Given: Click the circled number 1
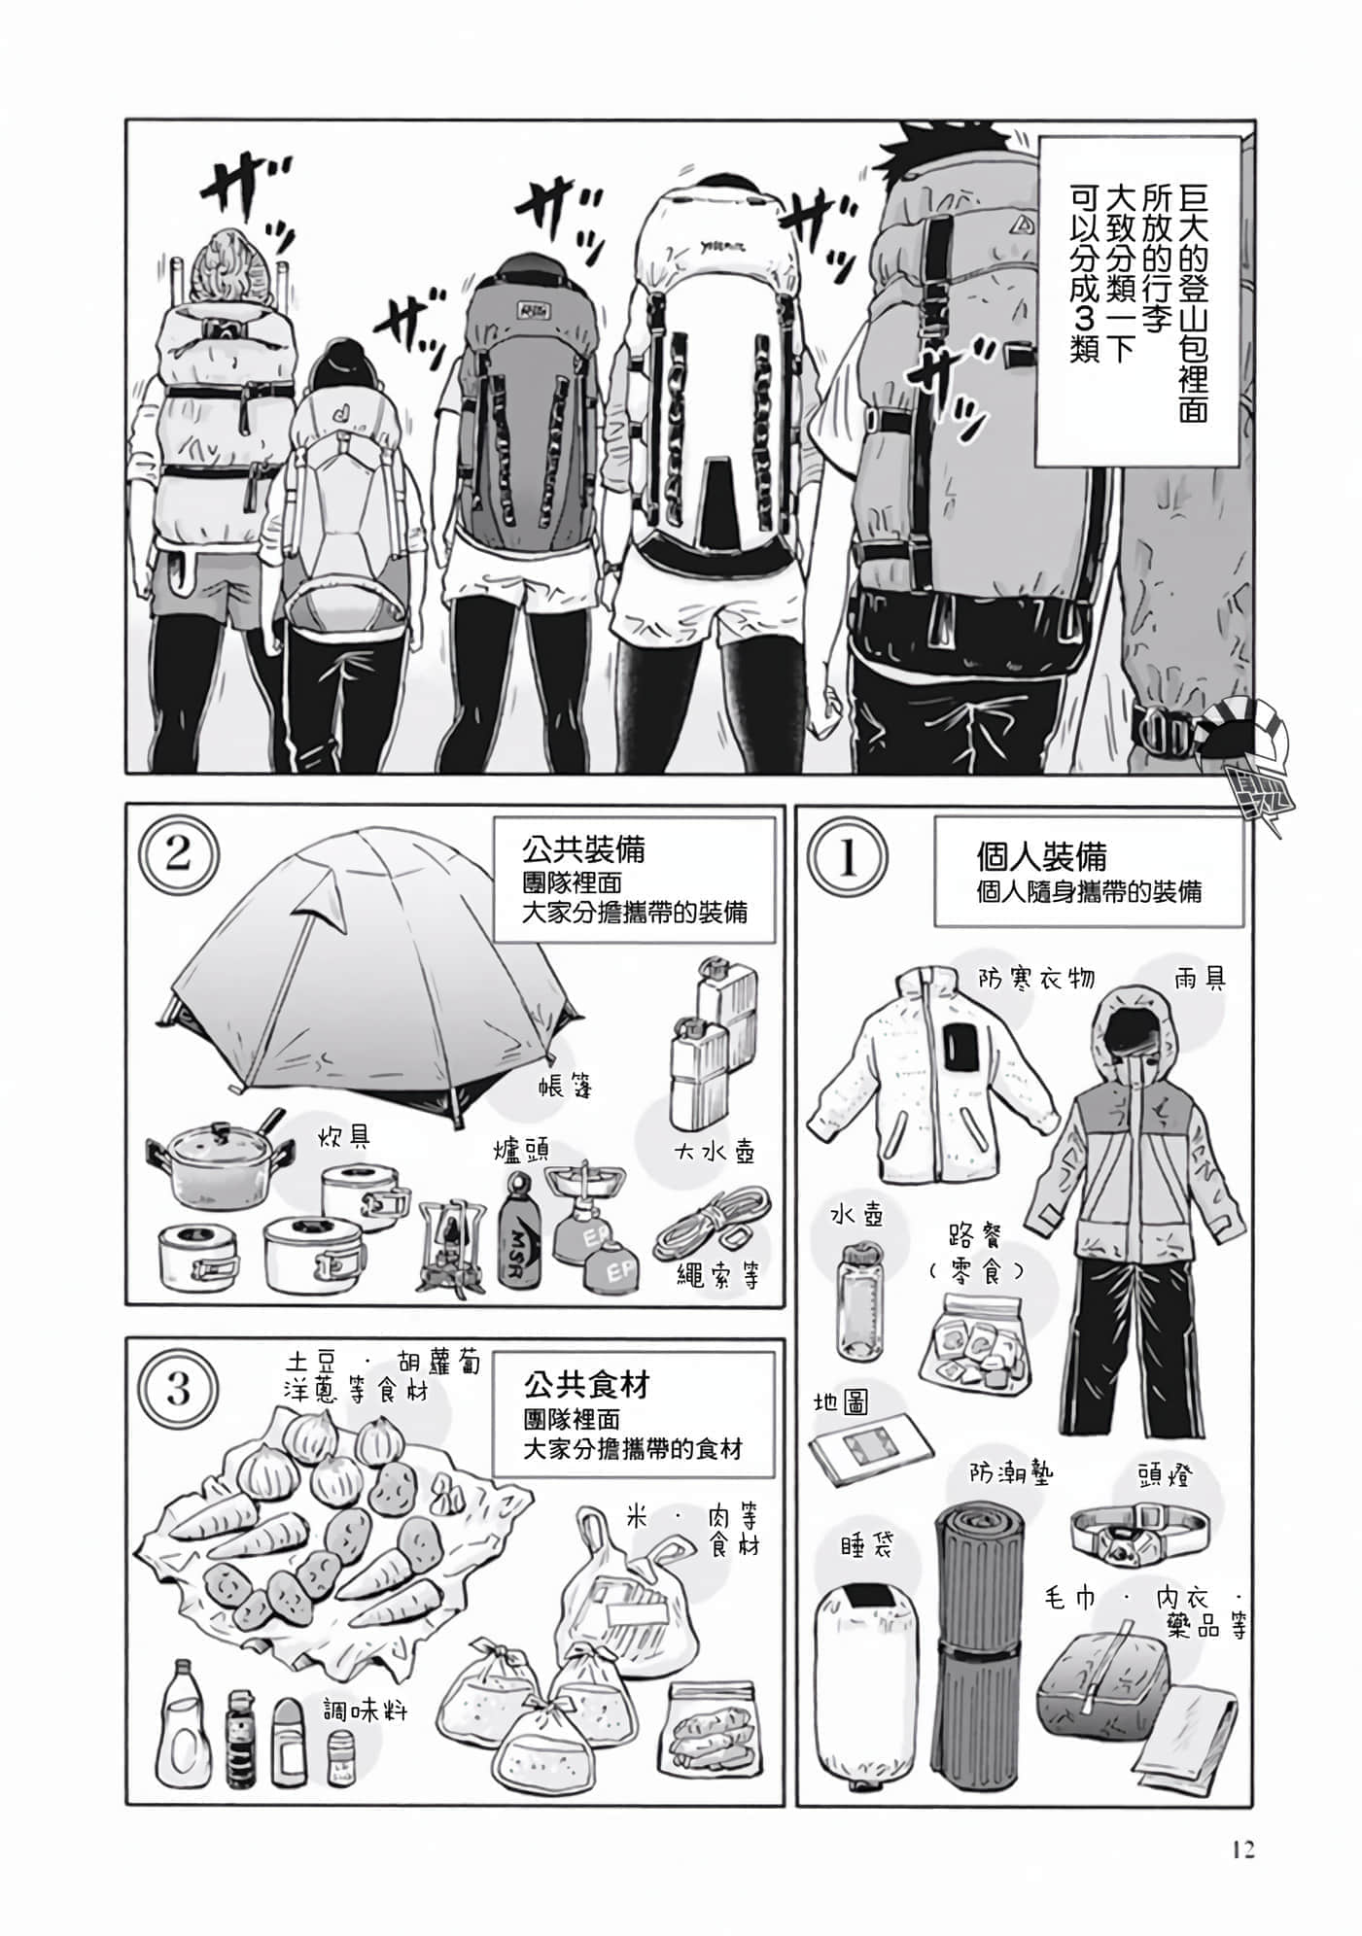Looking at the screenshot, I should coord(847,858).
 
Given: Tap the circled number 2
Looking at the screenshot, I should coord(178,854).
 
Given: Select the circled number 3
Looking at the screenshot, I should coord(178,1388).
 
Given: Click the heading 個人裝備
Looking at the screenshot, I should coord(1041,857).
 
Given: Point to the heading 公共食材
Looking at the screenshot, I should coord(585,1384).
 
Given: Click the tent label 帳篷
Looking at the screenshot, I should coord(565,1086).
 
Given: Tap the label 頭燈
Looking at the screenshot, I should coord(1163,1475).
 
